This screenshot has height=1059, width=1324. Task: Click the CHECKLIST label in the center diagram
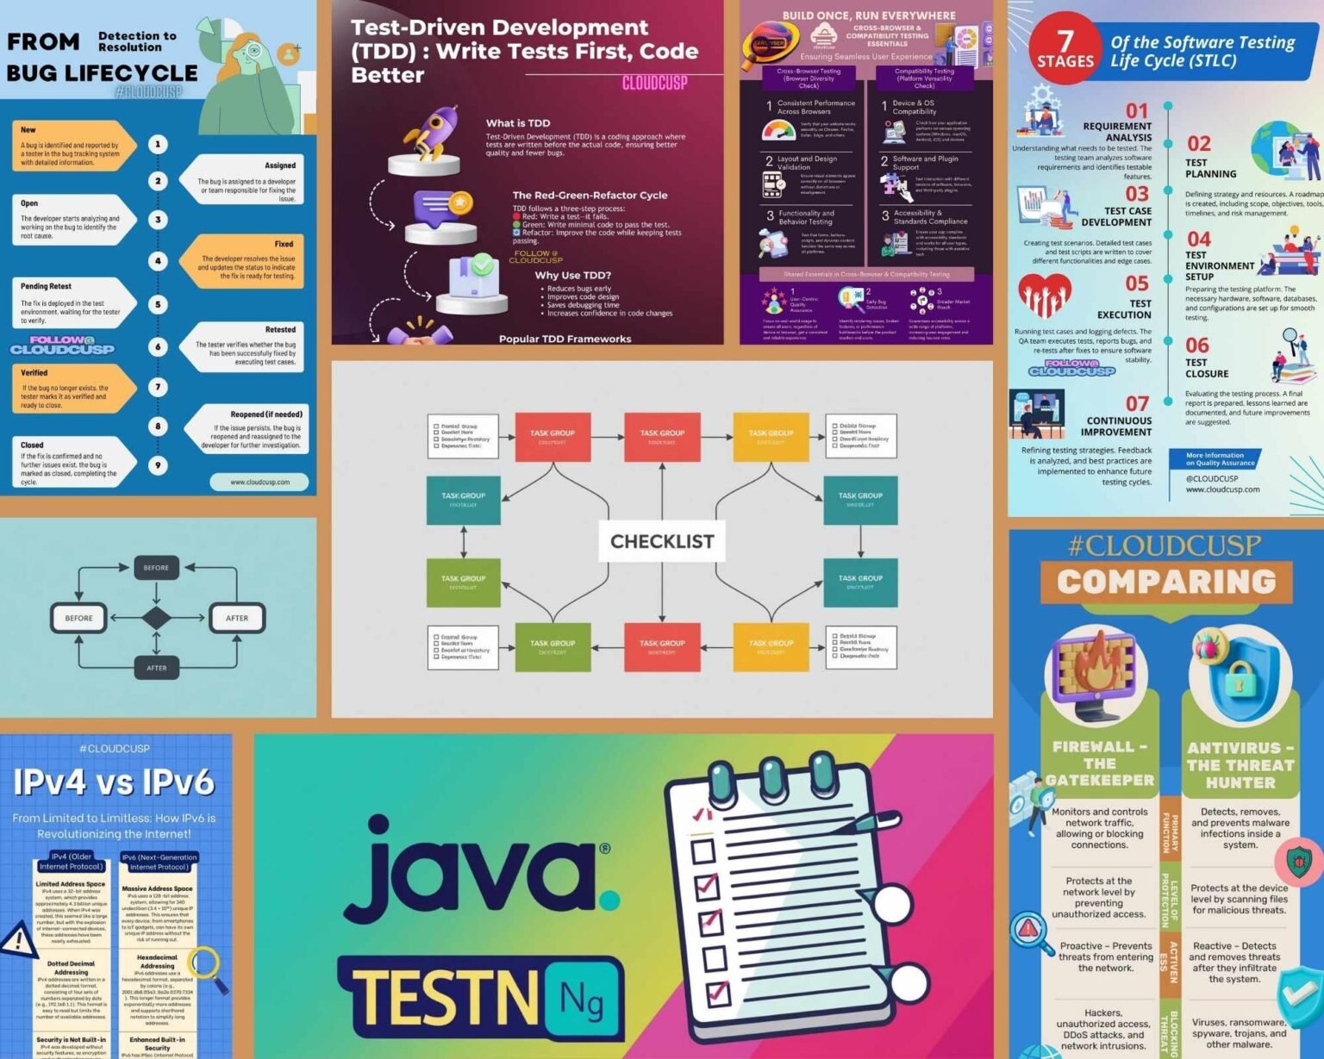[x=662, y=541]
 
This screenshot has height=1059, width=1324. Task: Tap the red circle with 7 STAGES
[x=1065, y=48]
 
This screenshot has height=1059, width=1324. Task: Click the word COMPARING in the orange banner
[x=1166, y=582]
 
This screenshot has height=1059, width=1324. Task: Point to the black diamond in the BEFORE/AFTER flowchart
[x=156, y=618]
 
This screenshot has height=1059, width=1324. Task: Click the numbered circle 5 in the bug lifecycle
[x=158, y=304]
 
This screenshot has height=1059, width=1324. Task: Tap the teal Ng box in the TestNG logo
[x=581, y=999]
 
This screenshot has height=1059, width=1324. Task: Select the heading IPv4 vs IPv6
[x=114, y=782]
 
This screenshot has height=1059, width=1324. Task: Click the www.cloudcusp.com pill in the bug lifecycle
[x=259, y=482]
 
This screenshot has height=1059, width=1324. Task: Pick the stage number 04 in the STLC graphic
[x=1198, y=239]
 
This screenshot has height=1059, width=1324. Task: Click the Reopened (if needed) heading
[x=266, y=414]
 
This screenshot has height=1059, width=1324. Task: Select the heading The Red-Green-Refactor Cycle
[x=590, y=195]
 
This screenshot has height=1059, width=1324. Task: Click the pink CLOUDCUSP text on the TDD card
[x=654, y=84]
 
